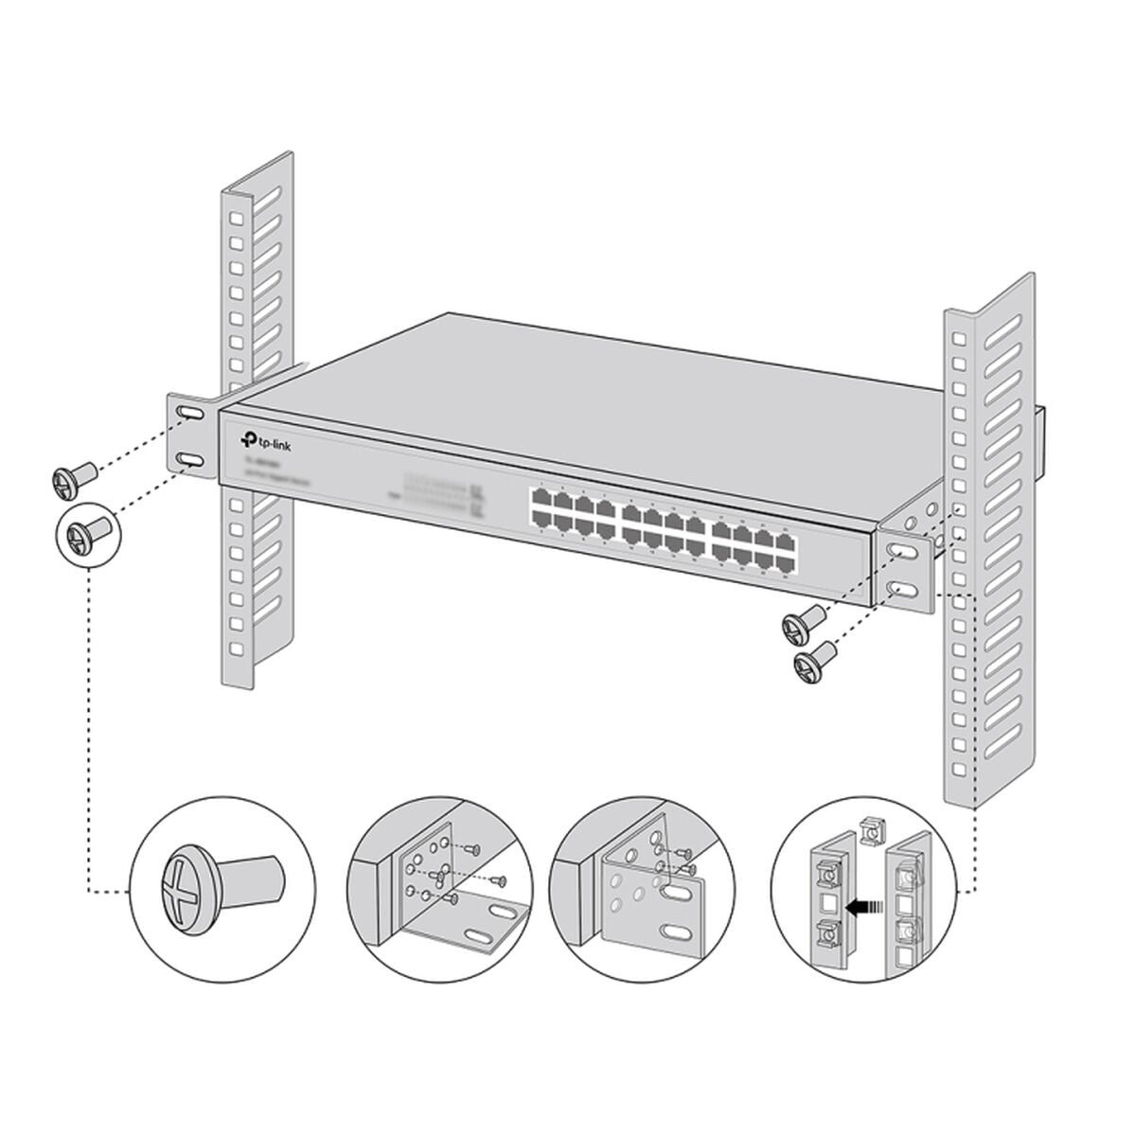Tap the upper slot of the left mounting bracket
click(187, 415)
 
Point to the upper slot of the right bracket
click(902, 551)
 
